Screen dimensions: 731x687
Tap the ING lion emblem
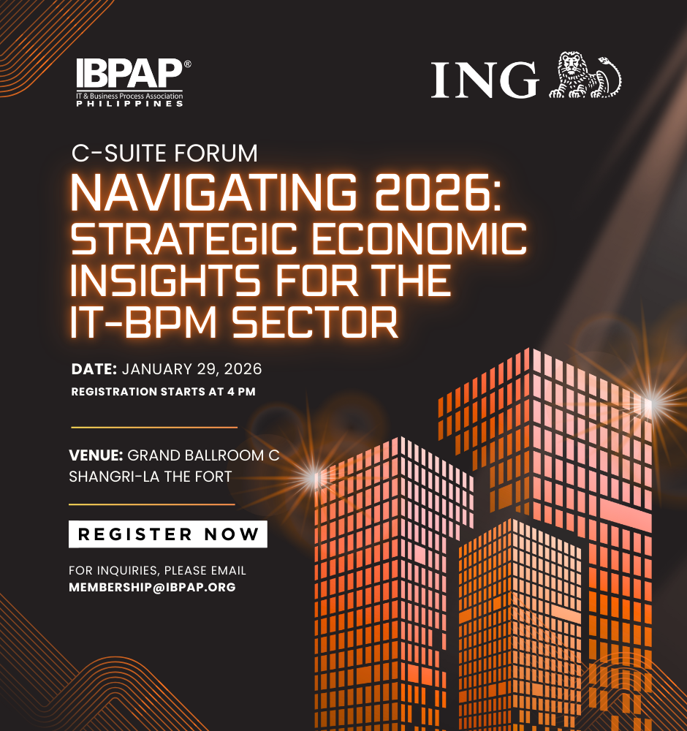coord(585,75)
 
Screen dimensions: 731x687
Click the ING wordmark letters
coord(485,79)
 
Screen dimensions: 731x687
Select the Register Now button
coord(168,534)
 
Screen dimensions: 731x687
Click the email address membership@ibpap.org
coord(152,587)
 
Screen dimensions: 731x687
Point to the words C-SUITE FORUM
coord(164,154)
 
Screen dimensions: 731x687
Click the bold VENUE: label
coord(96,455)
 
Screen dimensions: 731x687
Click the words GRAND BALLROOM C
coord(204,455)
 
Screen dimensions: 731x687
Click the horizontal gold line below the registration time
coord(154,427)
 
